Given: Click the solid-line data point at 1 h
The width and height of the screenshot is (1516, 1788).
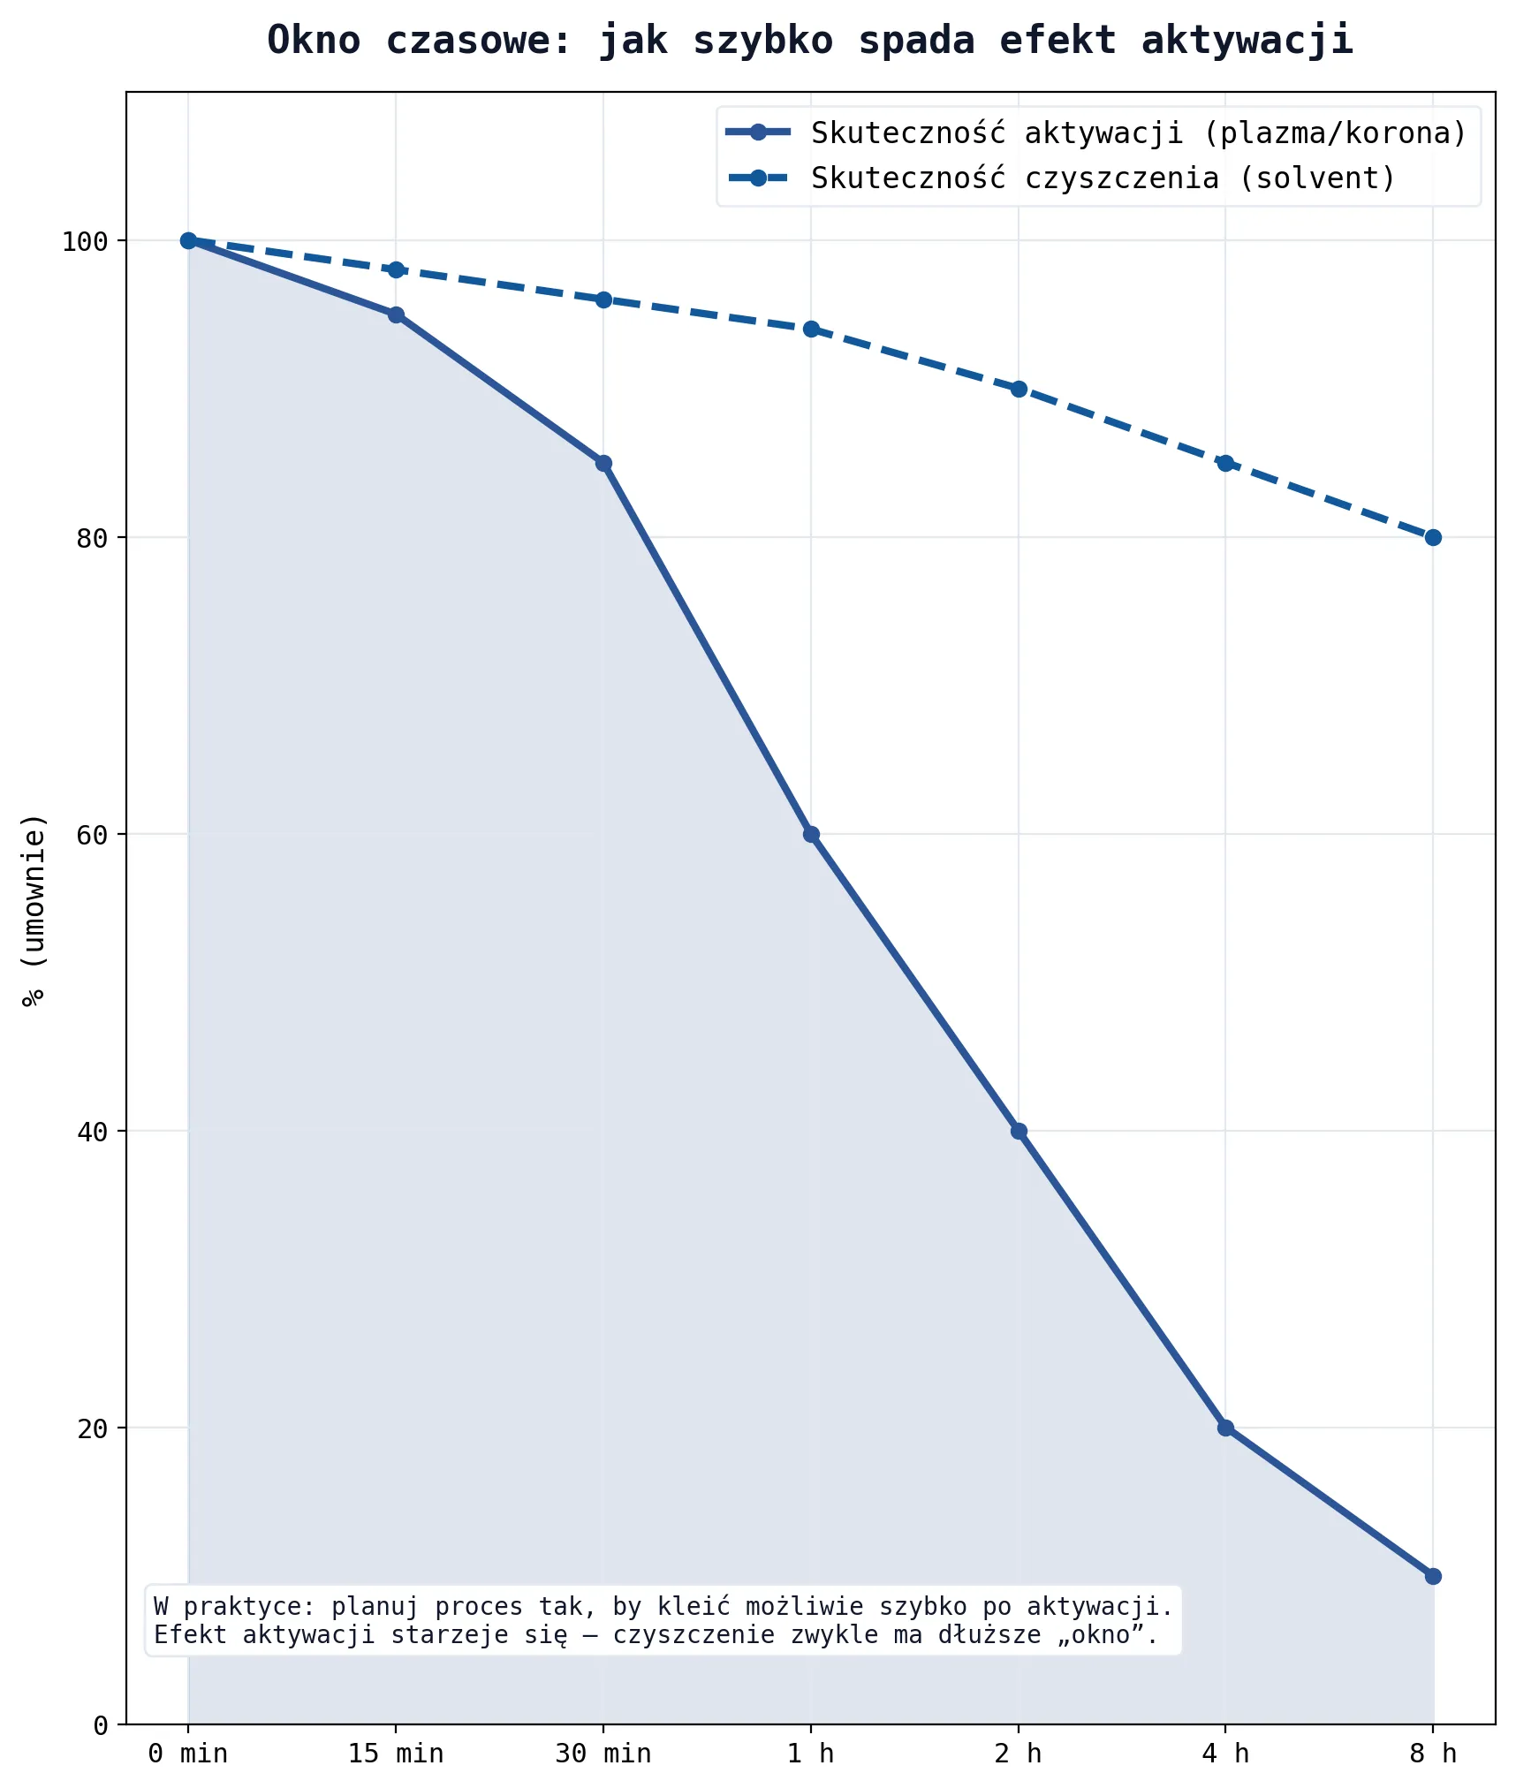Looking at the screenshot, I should click(x=811, y=834).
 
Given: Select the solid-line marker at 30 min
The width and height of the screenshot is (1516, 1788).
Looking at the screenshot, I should click(x=603, y=463).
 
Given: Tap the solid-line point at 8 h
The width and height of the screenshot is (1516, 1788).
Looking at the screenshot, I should click(x=1433, y=1576).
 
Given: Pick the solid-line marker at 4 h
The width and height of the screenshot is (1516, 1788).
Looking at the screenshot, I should click(x=1225, y=1428).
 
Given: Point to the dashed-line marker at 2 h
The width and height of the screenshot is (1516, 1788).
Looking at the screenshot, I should click(x=1019, y=389).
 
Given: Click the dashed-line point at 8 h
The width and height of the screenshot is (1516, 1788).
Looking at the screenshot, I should click(x=1433, y=537).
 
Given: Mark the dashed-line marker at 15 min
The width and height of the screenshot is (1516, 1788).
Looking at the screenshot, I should click(x=396, y=269).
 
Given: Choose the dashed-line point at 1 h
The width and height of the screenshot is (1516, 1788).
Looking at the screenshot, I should click(x=811, y=330).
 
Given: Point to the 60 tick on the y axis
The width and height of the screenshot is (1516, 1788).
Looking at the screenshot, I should click(x=92, y=835).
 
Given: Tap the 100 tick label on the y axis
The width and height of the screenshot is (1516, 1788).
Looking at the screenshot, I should click(x=85, y=241).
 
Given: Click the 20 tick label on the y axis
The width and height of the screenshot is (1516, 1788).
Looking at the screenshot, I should click(x=92, y=1428).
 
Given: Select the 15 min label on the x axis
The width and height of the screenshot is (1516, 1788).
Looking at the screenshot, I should click(x=396, y=1754).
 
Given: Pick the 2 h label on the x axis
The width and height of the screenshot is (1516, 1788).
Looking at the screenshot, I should click(x=1019, y=1754).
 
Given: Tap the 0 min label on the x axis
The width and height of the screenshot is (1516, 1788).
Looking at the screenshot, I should click(x=188, y=1754).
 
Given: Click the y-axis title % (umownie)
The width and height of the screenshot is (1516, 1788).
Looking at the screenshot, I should click(x=34, y=910).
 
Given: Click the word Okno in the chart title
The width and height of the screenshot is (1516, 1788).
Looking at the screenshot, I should click(x=314, y=41).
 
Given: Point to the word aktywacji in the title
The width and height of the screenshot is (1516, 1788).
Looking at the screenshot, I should click(x=1247, y=41).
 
